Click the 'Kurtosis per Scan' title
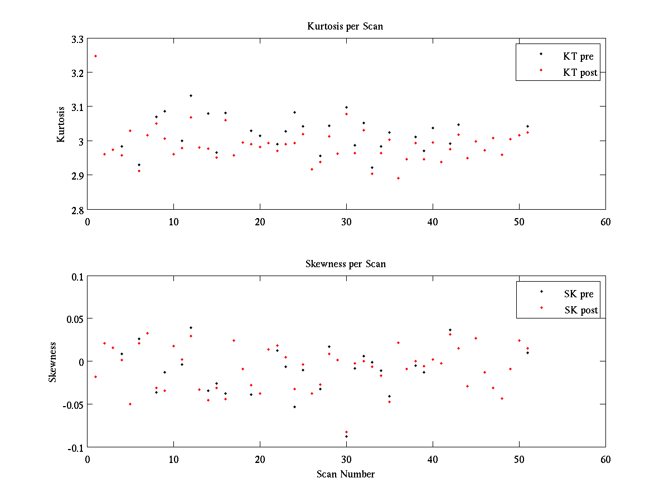345,26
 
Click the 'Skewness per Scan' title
345,264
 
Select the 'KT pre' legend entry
578,56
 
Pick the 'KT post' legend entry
580,73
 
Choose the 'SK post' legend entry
580,310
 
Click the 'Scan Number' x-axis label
346,474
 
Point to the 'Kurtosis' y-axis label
61,124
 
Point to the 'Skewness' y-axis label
53,362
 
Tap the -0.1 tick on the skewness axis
75,447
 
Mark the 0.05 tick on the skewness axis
75,319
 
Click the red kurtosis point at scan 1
96,56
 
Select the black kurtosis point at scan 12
191,95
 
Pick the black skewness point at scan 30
346,436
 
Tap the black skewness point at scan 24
294,407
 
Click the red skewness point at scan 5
130,404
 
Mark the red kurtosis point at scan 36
398,178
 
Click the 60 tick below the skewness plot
605,459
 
